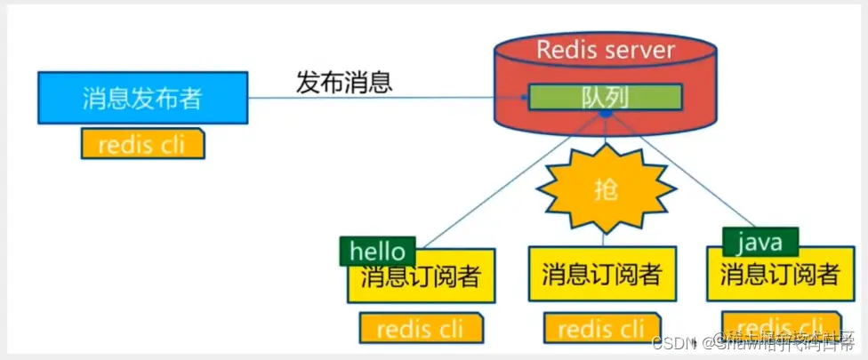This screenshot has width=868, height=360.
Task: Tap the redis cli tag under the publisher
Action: [x=142, y=144]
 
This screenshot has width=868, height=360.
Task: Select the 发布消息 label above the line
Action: [x=344, y=83]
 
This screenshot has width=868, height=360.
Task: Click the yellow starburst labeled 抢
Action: [x=606, y=189]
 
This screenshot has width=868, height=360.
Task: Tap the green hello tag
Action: [x=377, y=252]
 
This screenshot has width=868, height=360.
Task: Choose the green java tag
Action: [x=759, y=241]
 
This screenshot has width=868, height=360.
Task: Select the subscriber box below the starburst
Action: [x=602, y=274]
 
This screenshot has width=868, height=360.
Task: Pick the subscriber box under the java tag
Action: [x=779, y=274]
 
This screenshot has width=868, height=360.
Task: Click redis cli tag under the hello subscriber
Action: [x=421, y=328]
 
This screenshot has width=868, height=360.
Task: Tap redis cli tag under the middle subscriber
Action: [x=602, y=328]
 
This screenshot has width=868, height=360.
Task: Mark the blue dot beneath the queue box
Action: [x=605, y=114]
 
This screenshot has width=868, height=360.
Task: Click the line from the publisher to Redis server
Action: [x=374, y=98]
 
